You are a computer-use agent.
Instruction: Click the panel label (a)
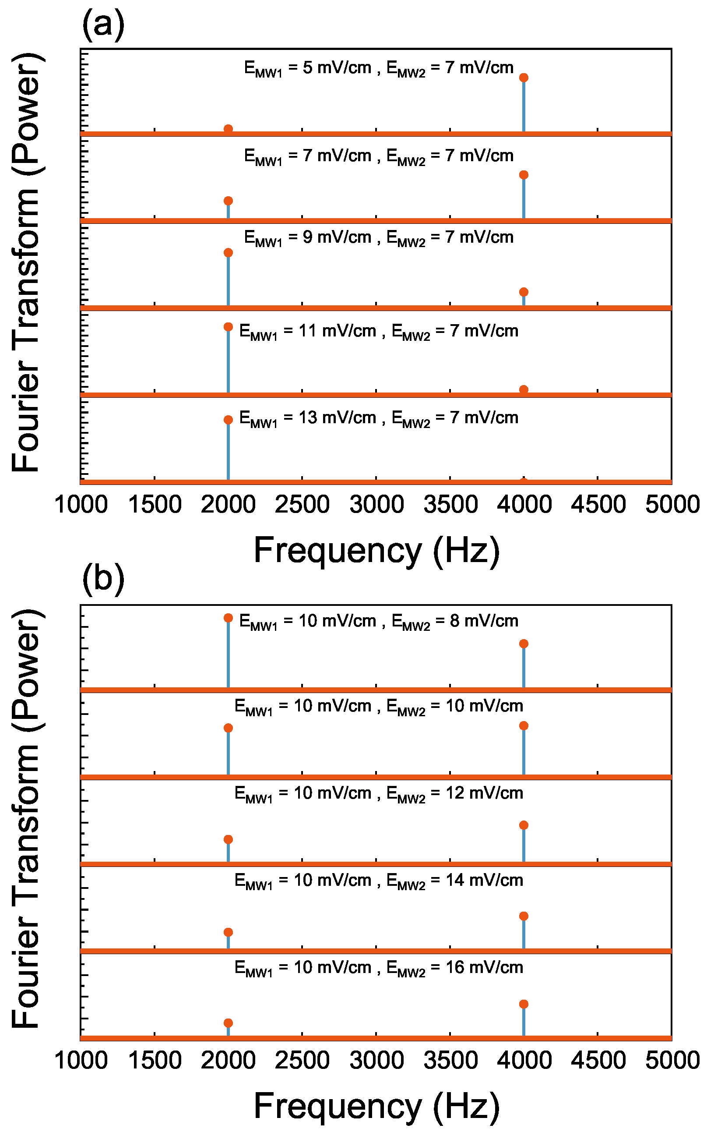point(103,25)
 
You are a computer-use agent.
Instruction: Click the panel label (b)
point(103,579)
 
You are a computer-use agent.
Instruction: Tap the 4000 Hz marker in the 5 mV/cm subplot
point(524,78)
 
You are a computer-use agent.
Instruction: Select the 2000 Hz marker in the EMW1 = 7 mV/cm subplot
point(228,201)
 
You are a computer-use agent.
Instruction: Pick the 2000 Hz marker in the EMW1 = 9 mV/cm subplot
point(228,253)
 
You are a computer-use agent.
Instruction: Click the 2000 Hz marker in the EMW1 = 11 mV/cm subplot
point(228,327)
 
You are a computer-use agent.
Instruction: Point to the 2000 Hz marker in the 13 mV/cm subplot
point(228,420)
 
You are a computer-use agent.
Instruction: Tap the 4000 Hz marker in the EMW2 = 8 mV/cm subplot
point(524,644)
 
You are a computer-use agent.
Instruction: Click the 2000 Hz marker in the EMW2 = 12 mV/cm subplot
point(228,840)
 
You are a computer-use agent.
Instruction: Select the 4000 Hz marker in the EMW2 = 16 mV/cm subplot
point(524,1004)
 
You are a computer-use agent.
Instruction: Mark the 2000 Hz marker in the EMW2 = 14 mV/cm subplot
point(228,932)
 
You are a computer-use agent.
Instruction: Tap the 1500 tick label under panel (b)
point(155,1061)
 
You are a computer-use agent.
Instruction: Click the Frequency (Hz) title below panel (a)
point(376,551)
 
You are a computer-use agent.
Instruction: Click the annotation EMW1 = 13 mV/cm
point(379,418)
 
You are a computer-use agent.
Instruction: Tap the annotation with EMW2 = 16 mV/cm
point(379,968)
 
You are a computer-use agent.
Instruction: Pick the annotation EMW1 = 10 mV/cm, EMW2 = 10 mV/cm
point(379,706)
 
